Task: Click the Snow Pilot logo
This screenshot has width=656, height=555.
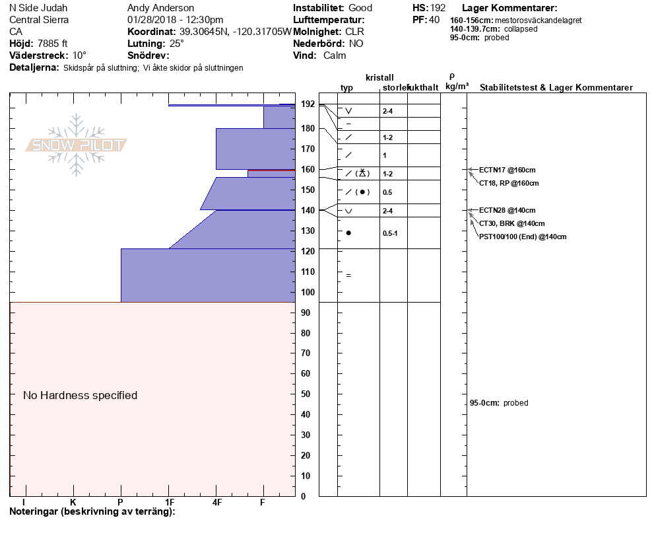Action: pos(76,145)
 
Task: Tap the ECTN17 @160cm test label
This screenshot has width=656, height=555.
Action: pos(507,170)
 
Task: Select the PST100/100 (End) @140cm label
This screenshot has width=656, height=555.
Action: pos(523,237)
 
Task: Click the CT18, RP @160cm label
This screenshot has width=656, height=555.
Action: pos(509,183)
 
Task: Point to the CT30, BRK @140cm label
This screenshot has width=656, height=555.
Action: pos(511,223)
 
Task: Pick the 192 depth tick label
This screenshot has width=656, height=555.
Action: pos(308,104)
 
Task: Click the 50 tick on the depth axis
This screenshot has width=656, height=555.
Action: pos(306,394)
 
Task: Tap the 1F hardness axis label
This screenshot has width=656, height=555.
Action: pos(170,502)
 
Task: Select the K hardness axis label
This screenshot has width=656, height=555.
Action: pos(73,502)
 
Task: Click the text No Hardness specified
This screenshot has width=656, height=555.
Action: pos(80,395)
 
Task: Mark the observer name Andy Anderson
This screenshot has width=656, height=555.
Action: pos(160,8)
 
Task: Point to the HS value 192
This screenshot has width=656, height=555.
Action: pos(438,8)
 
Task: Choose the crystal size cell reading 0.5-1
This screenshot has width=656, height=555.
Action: pos(390,233)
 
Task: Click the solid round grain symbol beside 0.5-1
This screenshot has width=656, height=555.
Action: pos(348,233)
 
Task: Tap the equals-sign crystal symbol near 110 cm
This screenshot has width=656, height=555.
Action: pos(348,276)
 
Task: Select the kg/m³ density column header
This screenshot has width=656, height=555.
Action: pos(457,87)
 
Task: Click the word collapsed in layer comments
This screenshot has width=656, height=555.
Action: pos(521,29)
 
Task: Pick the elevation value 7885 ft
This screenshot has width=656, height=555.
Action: pos(53,44)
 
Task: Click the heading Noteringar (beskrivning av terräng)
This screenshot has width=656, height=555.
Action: pos(92,511)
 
